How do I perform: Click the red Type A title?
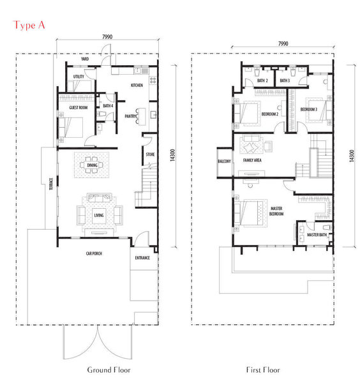[29, 25]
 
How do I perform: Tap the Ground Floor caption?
[109, 370]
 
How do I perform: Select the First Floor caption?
[263, 370]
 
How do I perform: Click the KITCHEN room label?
[137, 86]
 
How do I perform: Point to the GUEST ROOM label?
[78, 107]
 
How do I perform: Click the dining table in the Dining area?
[91, 165]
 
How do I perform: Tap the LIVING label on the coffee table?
[99, 215]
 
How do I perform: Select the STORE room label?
[150, 154]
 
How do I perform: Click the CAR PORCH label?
[94, 253]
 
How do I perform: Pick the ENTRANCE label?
[142, 258]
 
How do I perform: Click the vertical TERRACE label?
[51, 184]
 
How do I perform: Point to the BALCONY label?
[224, 161]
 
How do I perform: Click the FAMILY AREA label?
[252, 160]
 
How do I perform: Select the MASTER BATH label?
[317, 235]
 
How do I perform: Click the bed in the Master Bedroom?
[251, 213]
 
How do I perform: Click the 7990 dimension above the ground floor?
[107, 37]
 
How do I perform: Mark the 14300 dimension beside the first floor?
[352, 156]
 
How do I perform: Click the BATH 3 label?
[285, 80]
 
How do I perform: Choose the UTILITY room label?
[79, 77]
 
